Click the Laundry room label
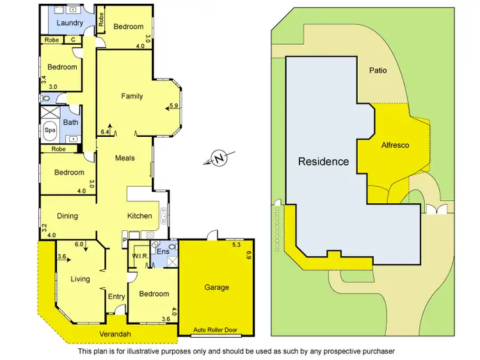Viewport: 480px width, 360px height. [70, 24]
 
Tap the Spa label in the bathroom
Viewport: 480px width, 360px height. [49, 130]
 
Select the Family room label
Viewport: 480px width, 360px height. [132, 97]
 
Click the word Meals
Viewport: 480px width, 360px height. [125, 158]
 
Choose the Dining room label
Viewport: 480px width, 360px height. [67, 216]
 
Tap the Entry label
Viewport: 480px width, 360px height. [116, 296]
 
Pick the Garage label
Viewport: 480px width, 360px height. [216, 288]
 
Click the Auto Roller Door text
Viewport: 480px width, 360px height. [216, 331]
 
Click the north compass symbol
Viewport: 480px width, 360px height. [219, 157]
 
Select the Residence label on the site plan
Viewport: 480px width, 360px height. [324, 162]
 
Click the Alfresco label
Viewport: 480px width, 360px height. [394, 145]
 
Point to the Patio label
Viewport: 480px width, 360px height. [377, 71]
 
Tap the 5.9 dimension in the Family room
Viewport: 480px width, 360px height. [173, 106]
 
